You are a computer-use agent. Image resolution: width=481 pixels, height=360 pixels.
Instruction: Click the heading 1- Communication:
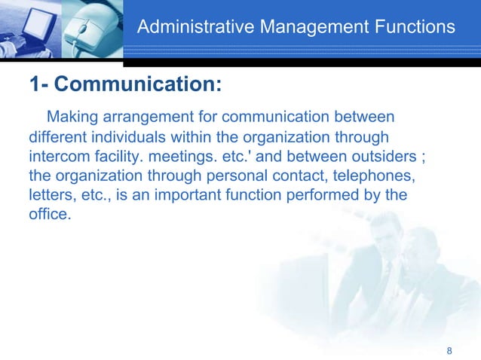[x=125, y=85]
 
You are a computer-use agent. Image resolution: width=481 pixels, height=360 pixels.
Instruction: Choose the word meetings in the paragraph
[x=185, y=157]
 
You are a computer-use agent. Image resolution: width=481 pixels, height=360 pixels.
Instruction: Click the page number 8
[x=449, y=351]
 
